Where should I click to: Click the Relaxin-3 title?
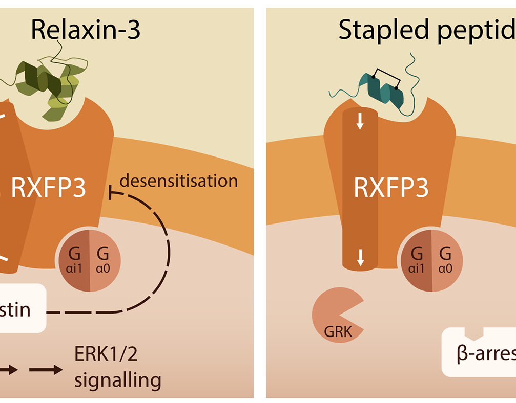(x=85, y=30)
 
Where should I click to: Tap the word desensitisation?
(x=178, y=181)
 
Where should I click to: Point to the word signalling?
(x=118, y=380)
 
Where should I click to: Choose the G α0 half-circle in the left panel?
(x=105, y=258)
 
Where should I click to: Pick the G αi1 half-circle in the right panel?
(x=417, y=258)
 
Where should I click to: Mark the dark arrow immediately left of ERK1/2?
(x=45, y=369)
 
